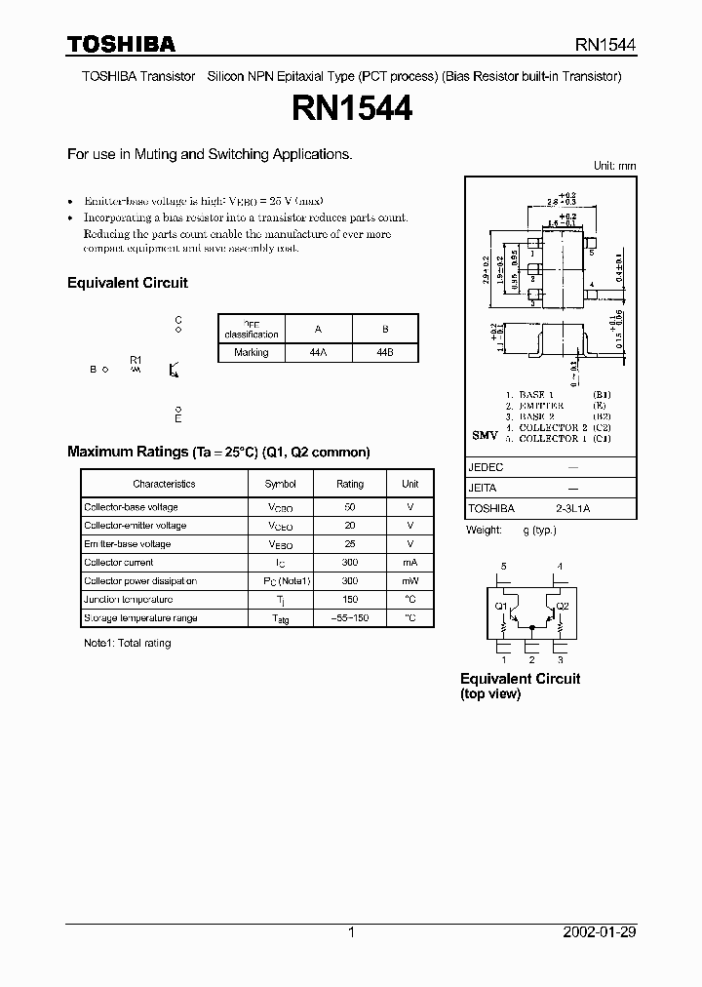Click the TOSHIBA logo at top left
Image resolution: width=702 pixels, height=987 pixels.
[121, 44]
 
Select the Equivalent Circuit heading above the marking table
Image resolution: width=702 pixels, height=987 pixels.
[127, 283]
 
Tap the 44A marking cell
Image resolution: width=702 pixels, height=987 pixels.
[316, 352]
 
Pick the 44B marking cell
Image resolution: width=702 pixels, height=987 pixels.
[384, 352]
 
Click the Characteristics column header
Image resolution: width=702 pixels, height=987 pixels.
[164, 484]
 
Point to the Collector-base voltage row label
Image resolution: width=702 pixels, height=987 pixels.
[131, 507]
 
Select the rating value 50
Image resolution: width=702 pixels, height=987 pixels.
[350, 507]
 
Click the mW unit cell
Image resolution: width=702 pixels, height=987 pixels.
[410, 581]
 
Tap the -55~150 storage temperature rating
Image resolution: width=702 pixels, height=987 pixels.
[350, 618]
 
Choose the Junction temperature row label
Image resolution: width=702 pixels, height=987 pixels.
[128, 600]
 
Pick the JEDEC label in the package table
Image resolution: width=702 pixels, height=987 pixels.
[486, 467]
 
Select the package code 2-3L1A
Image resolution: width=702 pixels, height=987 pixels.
[572, 508]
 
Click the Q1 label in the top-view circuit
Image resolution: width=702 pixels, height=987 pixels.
[501, 606]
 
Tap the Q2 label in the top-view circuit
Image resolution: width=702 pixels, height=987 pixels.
[563, 606]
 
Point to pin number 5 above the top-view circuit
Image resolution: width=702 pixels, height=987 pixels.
[503, 566]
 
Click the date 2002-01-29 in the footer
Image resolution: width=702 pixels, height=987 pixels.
[600, 932]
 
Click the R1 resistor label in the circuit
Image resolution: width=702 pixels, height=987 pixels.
[136, 360]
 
